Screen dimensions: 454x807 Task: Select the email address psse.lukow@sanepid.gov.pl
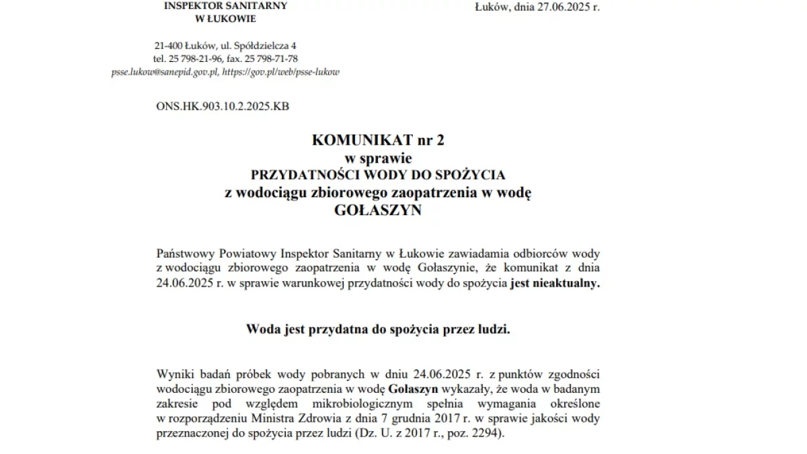click(165, 71)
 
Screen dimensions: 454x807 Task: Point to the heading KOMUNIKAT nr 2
click(378, 141)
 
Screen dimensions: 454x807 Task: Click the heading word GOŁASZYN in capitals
click(378, 210)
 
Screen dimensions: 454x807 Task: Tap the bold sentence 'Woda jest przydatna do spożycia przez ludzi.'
click(378, 330)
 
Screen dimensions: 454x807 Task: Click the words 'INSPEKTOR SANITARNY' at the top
click(225, 6)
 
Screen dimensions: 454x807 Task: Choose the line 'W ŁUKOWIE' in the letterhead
click(225, 19)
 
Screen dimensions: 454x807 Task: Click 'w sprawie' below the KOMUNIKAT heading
click(378, 158)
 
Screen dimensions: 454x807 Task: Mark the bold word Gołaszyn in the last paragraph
click(414, 388)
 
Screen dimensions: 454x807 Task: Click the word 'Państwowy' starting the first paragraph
click(186, 254)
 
